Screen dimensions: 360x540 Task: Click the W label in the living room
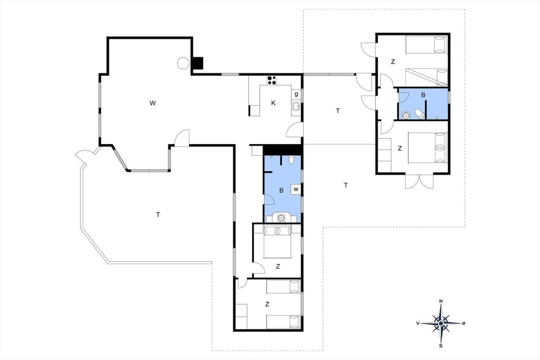click(x=152, y=103)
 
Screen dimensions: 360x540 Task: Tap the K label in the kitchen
click(x=273, y=103)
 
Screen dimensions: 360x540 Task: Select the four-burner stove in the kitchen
click(x=272, y=80)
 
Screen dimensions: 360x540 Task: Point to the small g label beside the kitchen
click(x=296, y=94)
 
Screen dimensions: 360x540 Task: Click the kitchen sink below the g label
click(x=295, y=106)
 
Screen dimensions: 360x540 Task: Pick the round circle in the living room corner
click(x=183, y=63)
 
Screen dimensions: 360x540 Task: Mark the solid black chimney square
click(x=197, y=64)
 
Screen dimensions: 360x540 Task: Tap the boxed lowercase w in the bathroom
click(x=295, y=190)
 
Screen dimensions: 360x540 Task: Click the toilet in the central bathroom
click(x=290, y=160)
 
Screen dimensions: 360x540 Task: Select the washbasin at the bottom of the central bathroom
click(x=281, y=217)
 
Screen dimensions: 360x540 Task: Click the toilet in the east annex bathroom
click(x=419, y=114)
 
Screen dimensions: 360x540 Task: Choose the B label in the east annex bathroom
click(x=423, y=95)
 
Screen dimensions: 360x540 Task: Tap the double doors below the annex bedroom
click(x=419, y=181)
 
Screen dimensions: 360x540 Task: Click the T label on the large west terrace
click(x=158, y=214)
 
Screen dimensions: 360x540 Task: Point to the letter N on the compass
click(x=441, y=301)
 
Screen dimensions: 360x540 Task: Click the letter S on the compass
click(x=441, y=345)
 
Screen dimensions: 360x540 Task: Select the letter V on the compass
click(x=418, y=323)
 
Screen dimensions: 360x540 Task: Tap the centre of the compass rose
click(x=441, y=323)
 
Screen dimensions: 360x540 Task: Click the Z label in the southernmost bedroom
click(x=267, y=304)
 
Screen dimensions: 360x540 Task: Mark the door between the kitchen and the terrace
click(x=295, y=130)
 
